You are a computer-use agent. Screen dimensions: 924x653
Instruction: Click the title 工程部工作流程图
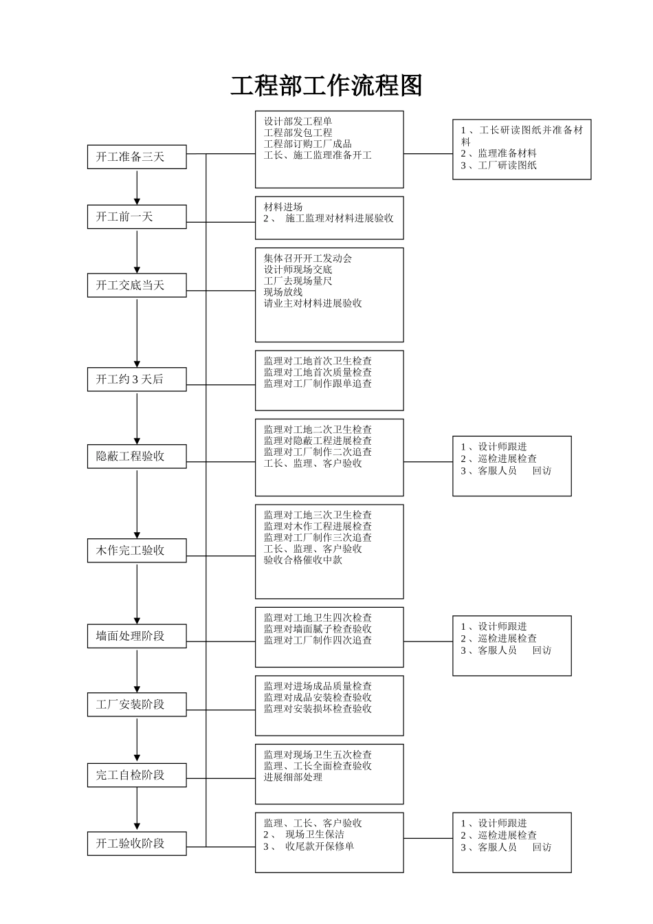tap(326, 86)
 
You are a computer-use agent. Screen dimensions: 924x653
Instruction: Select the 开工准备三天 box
tap(137, 157)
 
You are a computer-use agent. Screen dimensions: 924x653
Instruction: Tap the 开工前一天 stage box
tap(137, 217)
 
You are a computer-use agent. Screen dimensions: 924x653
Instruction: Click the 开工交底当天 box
tap(137, 285)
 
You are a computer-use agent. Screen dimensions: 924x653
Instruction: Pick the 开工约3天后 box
tap(137, 379)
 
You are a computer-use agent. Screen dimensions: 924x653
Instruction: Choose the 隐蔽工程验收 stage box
tap(137, 456)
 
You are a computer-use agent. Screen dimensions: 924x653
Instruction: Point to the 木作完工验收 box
tap(137, 551)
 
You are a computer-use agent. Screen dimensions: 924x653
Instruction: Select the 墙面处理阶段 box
tap(137, 636)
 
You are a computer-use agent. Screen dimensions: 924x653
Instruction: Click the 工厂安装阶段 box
tap(137, 705)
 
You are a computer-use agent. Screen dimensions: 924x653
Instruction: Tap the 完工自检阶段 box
tap(137, 775)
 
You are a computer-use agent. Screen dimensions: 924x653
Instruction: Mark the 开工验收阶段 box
tap(137, 844)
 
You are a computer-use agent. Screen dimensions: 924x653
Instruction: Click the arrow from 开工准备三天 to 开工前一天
tap(137, 186)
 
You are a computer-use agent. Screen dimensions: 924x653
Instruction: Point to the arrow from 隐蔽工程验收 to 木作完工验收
tap(137, 503)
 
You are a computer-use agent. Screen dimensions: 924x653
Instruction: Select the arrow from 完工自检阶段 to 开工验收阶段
tap(137, 809)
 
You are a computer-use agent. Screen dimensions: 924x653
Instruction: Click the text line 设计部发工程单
tap(298, 122)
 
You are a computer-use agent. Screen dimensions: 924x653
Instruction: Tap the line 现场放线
tap(283, 292)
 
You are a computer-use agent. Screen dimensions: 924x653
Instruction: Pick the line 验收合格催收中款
tap(303, 560)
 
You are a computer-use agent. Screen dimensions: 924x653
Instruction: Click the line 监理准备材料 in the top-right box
tap(507, 154)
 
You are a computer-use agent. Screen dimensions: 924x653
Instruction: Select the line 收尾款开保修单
tap(320, 846)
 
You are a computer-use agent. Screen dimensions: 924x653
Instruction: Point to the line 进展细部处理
tap(293, 778)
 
